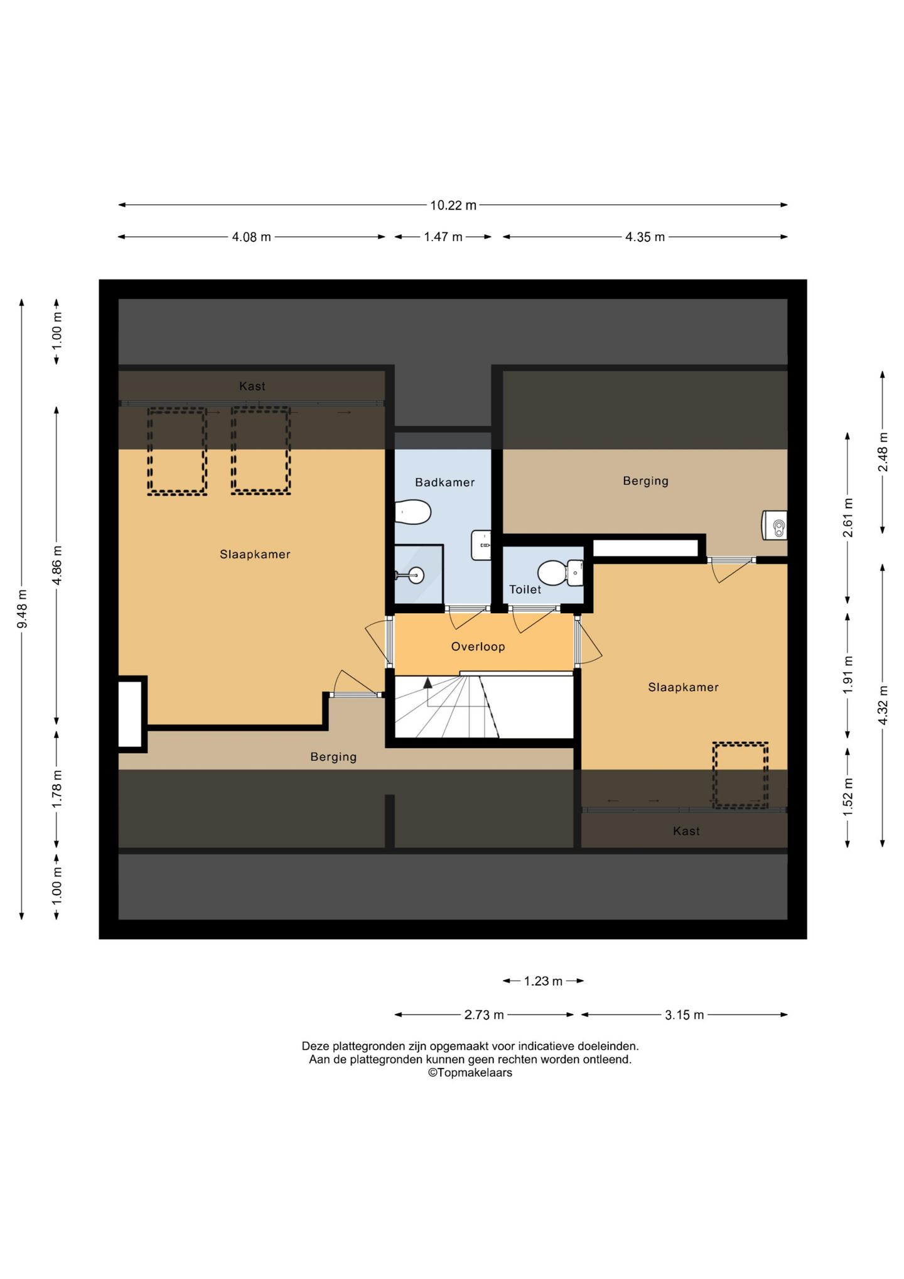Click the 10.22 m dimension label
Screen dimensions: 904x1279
pos(453,205)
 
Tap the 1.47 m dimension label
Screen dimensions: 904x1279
pos(443,237)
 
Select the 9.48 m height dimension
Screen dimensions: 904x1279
pos(21,609)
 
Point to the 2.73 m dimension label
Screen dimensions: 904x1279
pos(484,1015)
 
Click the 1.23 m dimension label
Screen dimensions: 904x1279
pos(543,981)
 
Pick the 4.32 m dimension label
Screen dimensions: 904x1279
pos(883,705)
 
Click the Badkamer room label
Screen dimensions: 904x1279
pos(444,482)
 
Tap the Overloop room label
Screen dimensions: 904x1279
pos(478,646)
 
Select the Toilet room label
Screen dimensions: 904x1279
pos(525,589)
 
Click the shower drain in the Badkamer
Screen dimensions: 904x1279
pos(415,574)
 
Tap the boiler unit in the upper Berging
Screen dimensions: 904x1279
pos(774,525)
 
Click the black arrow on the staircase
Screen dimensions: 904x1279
pos(428,683)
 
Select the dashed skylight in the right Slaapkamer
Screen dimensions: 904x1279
pos(740,775)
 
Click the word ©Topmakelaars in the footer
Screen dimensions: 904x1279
pos(470,1073)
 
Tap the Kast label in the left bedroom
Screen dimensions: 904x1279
pos(252,386)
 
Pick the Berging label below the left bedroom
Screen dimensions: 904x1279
pos(333,757)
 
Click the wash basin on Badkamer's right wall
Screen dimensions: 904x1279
pos(482,545)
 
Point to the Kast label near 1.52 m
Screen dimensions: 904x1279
pos(686,831)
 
